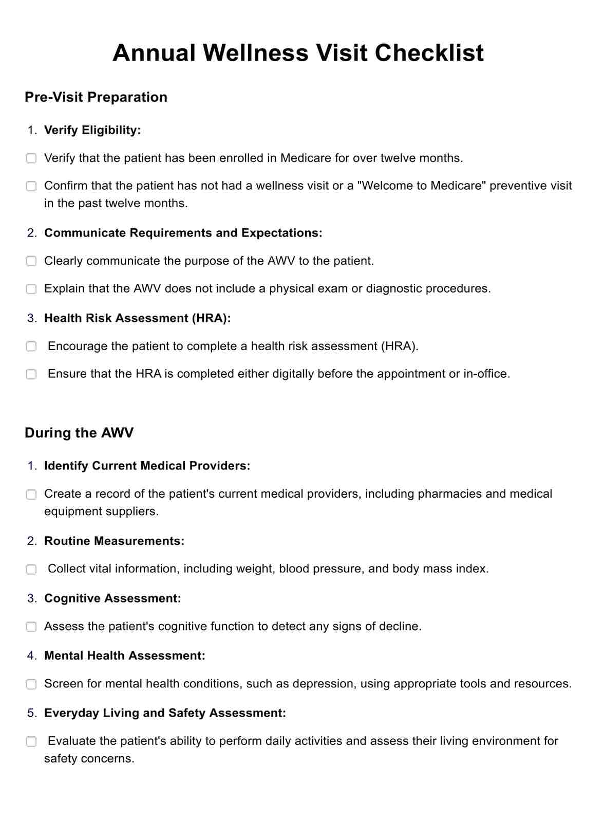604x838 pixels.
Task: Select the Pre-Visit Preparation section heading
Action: (96, 97)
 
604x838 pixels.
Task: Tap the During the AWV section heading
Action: (79, 433)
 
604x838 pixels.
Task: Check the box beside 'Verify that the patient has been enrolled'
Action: (31, 158)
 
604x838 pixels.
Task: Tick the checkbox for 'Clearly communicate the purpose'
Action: (31, 261)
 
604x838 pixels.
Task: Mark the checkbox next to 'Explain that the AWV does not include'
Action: (31, 289)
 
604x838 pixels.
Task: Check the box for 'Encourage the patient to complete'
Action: (31, 347)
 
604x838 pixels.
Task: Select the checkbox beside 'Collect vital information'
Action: (31, 569)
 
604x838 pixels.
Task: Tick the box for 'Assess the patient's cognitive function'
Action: (31, 627)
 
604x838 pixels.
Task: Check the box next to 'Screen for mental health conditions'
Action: (31, 684)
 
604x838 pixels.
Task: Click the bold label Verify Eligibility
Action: (92, 130)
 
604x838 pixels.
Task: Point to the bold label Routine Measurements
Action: (114, 541)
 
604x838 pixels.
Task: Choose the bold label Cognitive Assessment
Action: (112, 598)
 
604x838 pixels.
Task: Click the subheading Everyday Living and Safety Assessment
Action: (165, 713)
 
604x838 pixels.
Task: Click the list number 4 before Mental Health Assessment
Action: (32, 656)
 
